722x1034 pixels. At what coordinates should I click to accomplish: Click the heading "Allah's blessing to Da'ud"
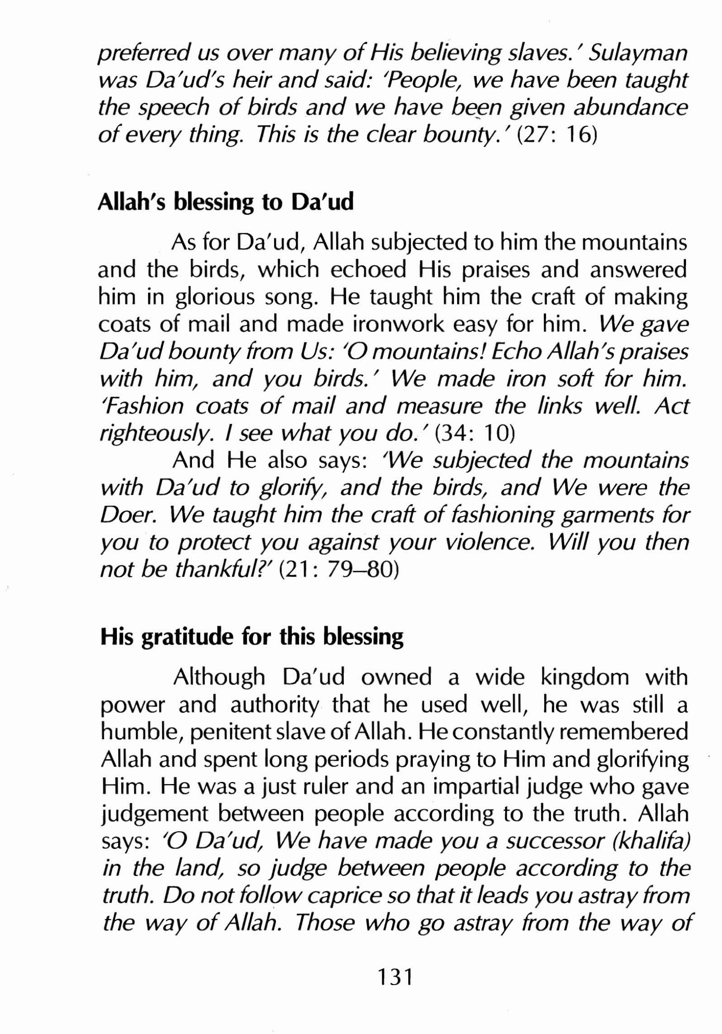click(225, 202)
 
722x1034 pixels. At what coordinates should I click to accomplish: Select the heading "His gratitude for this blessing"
click(251, 637)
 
